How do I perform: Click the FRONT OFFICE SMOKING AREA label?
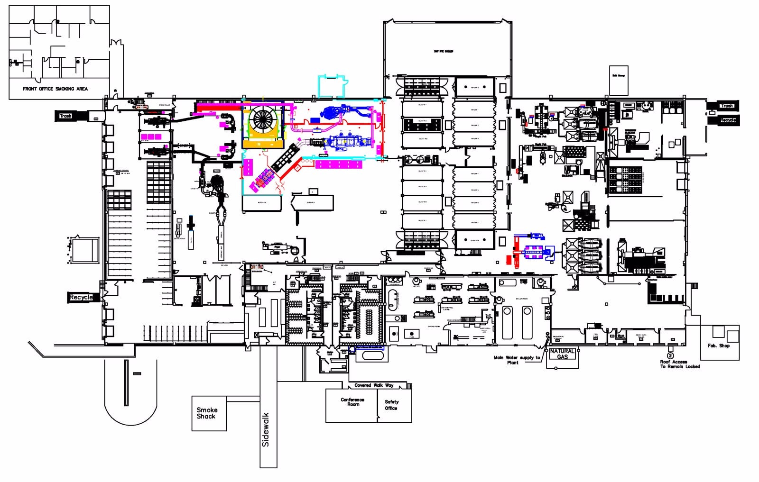[55, 89]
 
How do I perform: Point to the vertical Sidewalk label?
[266, 429]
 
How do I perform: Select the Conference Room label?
[352, 402]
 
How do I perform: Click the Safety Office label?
[391, 405]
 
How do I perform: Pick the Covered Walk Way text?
[374, 385]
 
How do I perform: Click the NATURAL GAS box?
[562, 354]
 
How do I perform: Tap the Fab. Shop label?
[718, 346]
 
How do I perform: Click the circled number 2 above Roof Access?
[670, 355]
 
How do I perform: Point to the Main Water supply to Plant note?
[517, 360]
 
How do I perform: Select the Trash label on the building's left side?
[65, 116]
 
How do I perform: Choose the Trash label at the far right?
[726, 106]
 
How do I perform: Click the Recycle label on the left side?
[81, 297]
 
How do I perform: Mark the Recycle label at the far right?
[727, 120]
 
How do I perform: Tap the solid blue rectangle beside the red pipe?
[313, 119]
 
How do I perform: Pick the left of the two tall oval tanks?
[507, 322]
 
